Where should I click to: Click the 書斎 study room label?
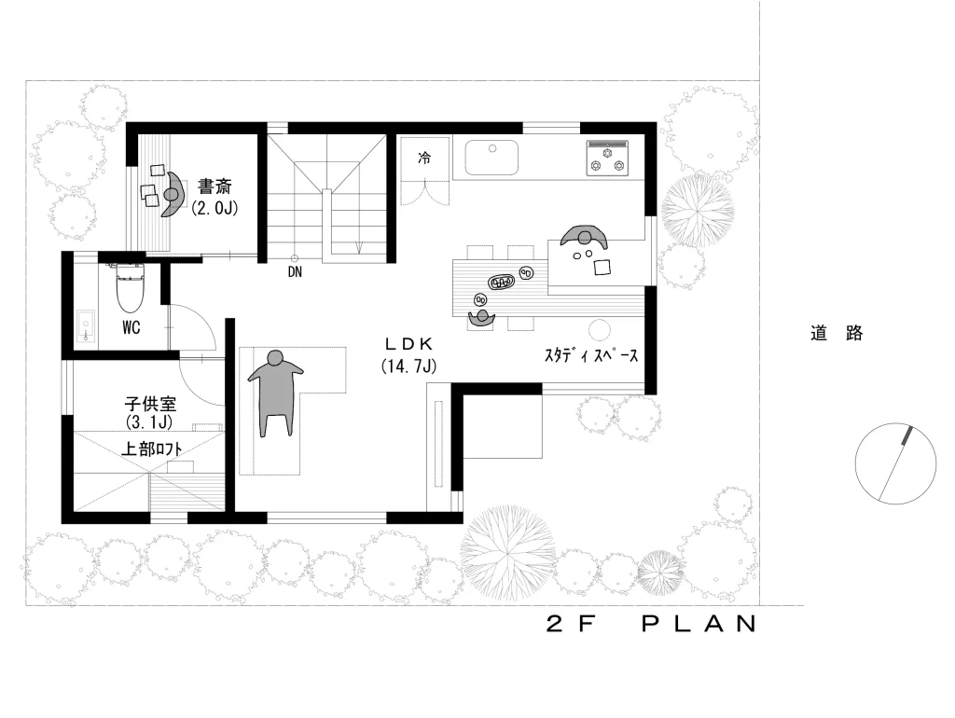(215, 186)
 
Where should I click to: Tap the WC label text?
(131, 327)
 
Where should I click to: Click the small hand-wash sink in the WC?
(86, 325)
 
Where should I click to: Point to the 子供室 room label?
(150, 404)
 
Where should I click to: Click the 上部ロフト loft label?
(152, 449)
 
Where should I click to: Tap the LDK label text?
(408, 344)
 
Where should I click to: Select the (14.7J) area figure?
(408, 366)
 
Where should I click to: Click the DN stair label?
(295, 272)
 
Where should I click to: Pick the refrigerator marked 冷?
(424, 158)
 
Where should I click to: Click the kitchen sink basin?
(491, 158)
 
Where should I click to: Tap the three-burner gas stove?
(606, 159)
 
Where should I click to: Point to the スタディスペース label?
(590, 355)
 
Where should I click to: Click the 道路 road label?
(837, 333)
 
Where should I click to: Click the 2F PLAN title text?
(651, 624)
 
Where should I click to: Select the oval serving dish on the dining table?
(502, 282)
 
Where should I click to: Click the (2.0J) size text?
(215, 208)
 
